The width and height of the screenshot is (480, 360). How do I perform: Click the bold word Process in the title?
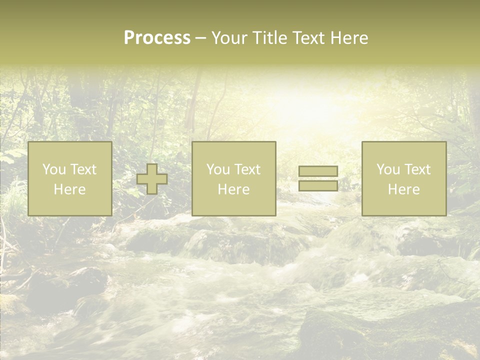click(157, 38)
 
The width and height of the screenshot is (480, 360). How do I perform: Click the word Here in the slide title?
click(350, 38)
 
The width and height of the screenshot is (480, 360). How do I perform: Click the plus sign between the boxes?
click(152, 179)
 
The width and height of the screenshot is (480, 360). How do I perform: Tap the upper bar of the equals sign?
click(318, 171)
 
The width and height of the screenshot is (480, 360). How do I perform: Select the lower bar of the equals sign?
click(318, 185)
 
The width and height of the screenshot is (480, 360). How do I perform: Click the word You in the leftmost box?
click(53, 169)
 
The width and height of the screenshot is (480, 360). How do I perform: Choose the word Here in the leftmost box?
click(69, 189)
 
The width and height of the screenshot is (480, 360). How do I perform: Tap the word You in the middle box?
click(217, 169)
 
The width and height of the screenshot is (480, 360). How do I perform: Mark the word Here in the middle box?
click(233, 189)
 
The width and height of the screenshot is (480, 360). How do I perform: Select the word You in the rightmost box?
click(387, 169)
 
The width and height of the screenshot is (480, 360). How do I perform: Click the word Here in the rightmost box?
click(403, 189)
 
